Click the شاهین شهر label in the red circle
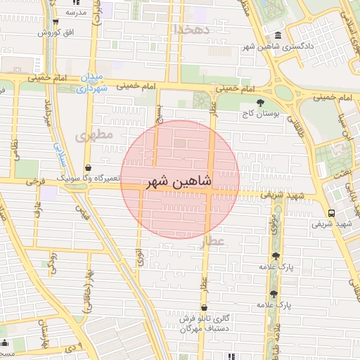click(x=179, y=182)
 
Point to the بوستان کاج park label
click(x=261, y=112)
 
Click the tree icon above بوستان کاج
click(x=260, y=103)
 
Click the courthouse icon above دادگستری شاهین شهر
click(x=279, y=35)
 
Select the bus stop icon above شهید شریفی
click(x=331, y=213)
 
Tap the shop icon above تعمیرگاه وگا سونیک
click(x=89, y=168)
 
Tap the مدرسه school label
click(x=76, y=13)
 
